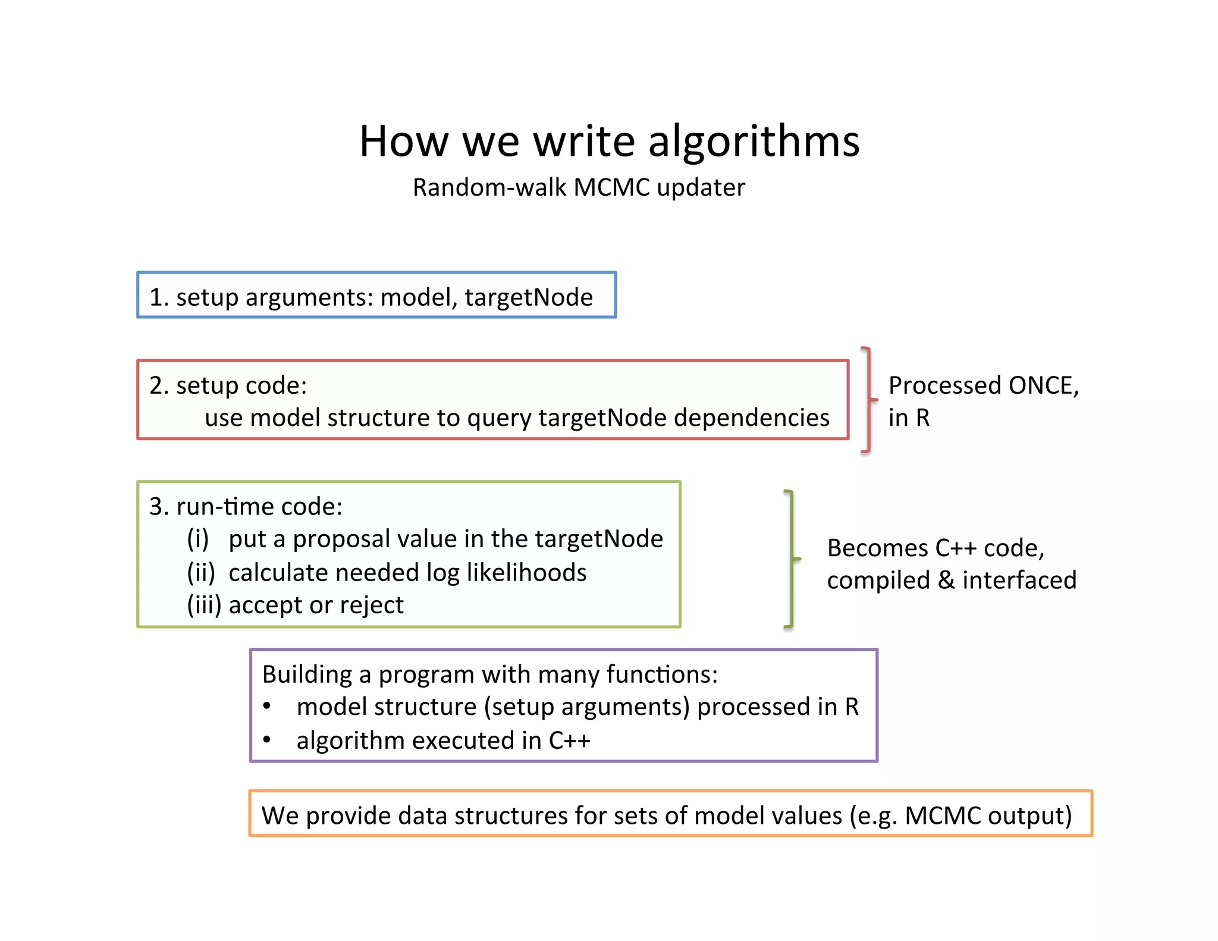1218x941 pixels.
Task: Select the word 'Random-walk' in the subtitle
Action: click(x=489, y=187)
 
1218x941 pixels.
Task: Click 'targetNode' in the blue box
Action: click(x=528, y=297)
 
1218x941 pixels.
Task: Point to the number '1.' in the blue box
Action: click(x=158, y=297)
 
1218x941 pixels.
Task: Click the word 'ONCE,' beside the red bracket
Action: click(x=1043, y=385)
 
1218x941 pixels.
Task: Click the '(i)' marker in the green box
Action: click(x=197, y=539)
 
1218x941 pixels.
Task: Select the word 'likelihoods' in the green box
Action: click(x=526, y=572)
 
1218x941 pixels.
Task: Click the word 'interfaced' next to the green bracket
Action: click(x=1019, y=580)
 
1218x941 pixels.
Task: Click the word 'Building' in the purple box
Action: click(x=307, y=675)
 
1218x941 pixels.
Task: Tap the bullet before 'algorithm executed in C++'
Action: click(x=267, y=740)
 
